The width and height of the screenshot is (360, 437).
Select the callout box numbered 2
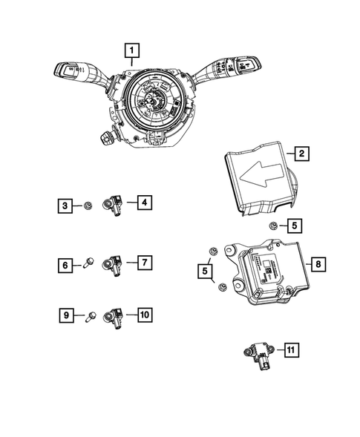(301, 154)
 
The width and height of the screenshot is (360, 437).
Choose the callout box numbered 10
(144, 315)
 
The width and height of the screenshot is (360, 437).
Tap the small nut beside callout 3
(87, 204)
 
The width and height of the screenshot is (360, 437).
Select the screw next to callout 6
(88, 263)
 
